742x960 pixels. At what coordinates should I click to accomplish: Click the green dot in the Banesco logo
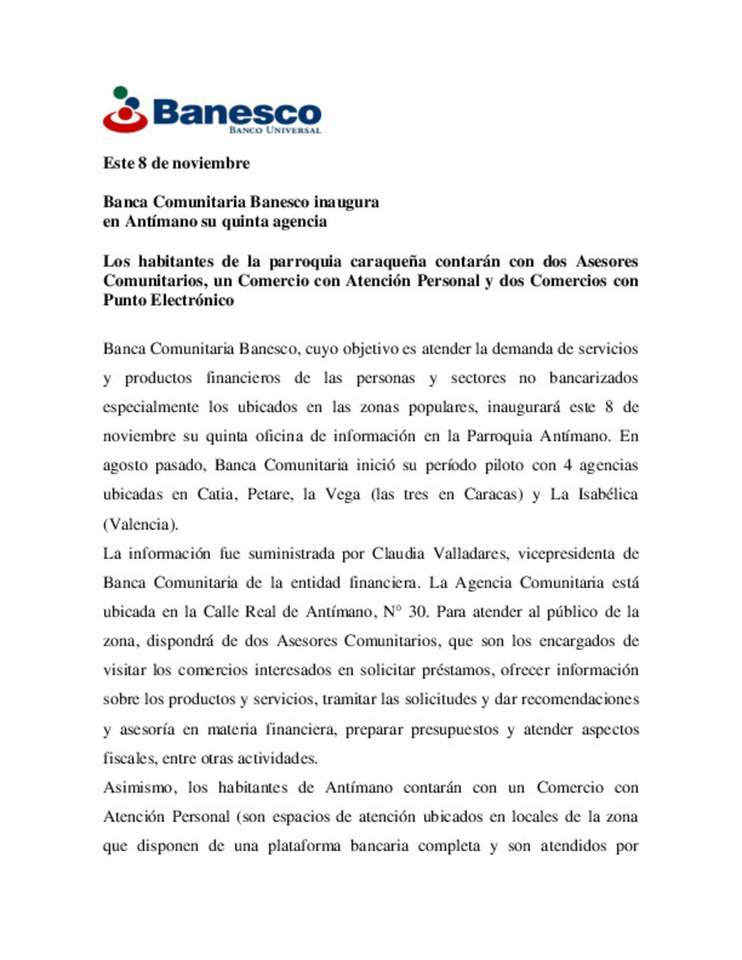coord(120,92)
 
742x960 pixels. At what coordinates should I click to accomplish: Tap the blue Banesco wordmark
coord(236,112)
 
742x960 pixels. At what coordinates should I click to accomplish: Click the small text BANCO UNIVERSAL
coord(275,130)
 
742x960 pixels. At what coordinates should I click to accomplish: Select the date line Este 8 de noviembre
coord(176,163)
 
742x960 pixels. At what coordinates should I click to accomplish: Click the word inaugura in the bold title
coord(346,202)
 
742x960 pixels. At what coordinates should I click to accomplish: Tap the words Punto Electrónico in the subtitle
coord(168,300)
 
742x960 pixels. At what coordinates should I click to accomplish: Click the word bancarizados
coord(593,378)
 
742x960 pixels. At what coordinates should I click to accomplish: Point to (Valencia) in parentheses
coord(141,524)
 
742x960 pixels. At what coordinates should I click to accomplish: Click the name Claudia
coord(398,553)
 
